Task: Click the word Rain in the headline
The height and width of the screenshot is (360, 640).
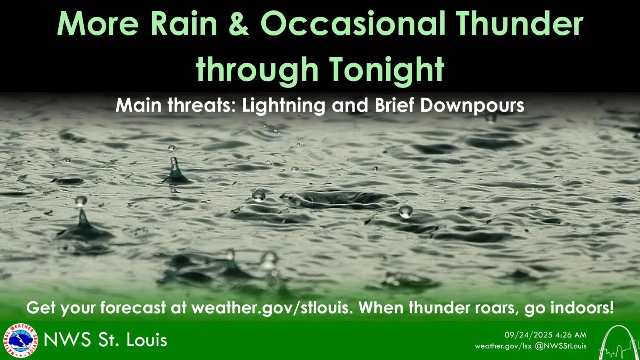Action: tap(183, 24)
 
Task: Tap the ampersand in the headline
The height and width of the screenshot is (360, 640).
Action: tap(239, 24)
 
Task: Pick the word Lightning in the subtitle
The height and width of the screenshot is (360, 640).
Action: tap(283, 105)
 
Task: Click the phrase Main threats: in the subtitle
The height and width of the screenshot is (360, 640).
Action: tap(175, 105)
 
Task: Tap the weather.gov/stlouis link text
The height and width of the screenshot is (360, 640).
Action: tap(271, 308)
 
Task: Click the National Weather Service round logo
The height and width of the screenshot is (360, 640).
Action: tap(20, 340)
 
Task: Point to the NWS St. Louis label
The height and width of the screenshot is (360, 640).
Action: tap(105, 340)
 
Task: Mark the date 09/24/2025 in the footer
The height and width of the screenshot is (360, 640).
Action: tap(528, 335)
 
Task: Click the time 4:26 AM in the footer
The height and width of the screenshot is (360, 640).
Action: tap(571, 335)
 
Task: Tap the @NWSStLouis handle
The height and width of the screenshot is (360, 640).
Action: tap(561, 346)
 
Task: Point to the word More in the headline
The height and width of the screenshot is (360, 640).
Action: tap(97, 24)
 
